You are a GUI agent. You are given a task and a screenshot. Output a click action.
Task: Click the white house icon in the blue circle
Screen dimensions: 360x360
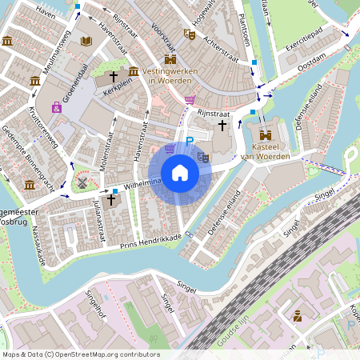click(180, 173)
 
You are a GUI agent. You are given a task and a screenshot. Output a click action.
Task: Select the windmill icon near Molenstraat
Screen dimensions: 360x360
click(81, 182)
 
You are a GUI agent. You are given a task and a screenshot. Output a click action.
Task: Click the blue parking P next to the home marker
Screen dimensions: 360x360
click(190, 142)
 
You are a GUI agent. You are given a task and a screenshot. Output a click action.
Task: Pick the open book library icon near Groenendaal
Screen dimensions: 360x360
click(86, 40)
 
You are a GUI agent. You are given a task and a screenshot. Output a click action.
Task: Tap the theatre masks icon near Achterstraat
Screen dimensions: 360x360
click(190, 34)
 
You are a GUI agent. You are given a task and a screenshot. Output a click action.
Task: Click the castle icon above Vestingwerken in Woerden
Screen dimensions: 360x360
click(170, 58)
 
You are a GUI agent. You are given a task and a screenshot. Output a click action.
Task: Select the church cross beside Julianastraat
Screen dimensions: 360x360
click(111, 199)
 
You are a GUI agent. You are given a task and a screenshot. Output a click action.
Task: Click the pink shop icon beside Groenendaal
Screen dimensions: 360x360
click(56, 107)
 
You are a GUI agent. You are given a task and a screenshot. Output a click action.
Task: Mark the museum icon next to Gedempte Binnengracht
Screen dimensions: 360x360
click(30, 186)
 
